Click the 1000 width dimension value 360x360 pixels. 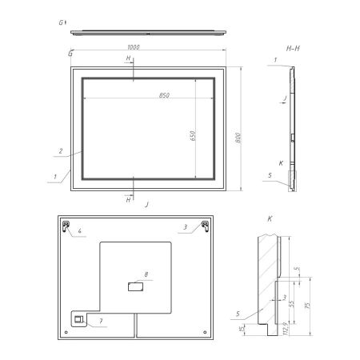tap(133, 47)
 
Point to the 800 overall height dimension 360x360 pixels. tap(238, 137)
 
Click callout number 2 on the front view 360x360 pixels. tap(60, 149)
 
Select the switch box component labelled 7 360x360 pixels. tap(79, 320)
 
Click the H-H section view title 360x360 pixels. tap(292, 48)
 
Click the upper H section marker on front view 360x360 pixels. tap(128, 60)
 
